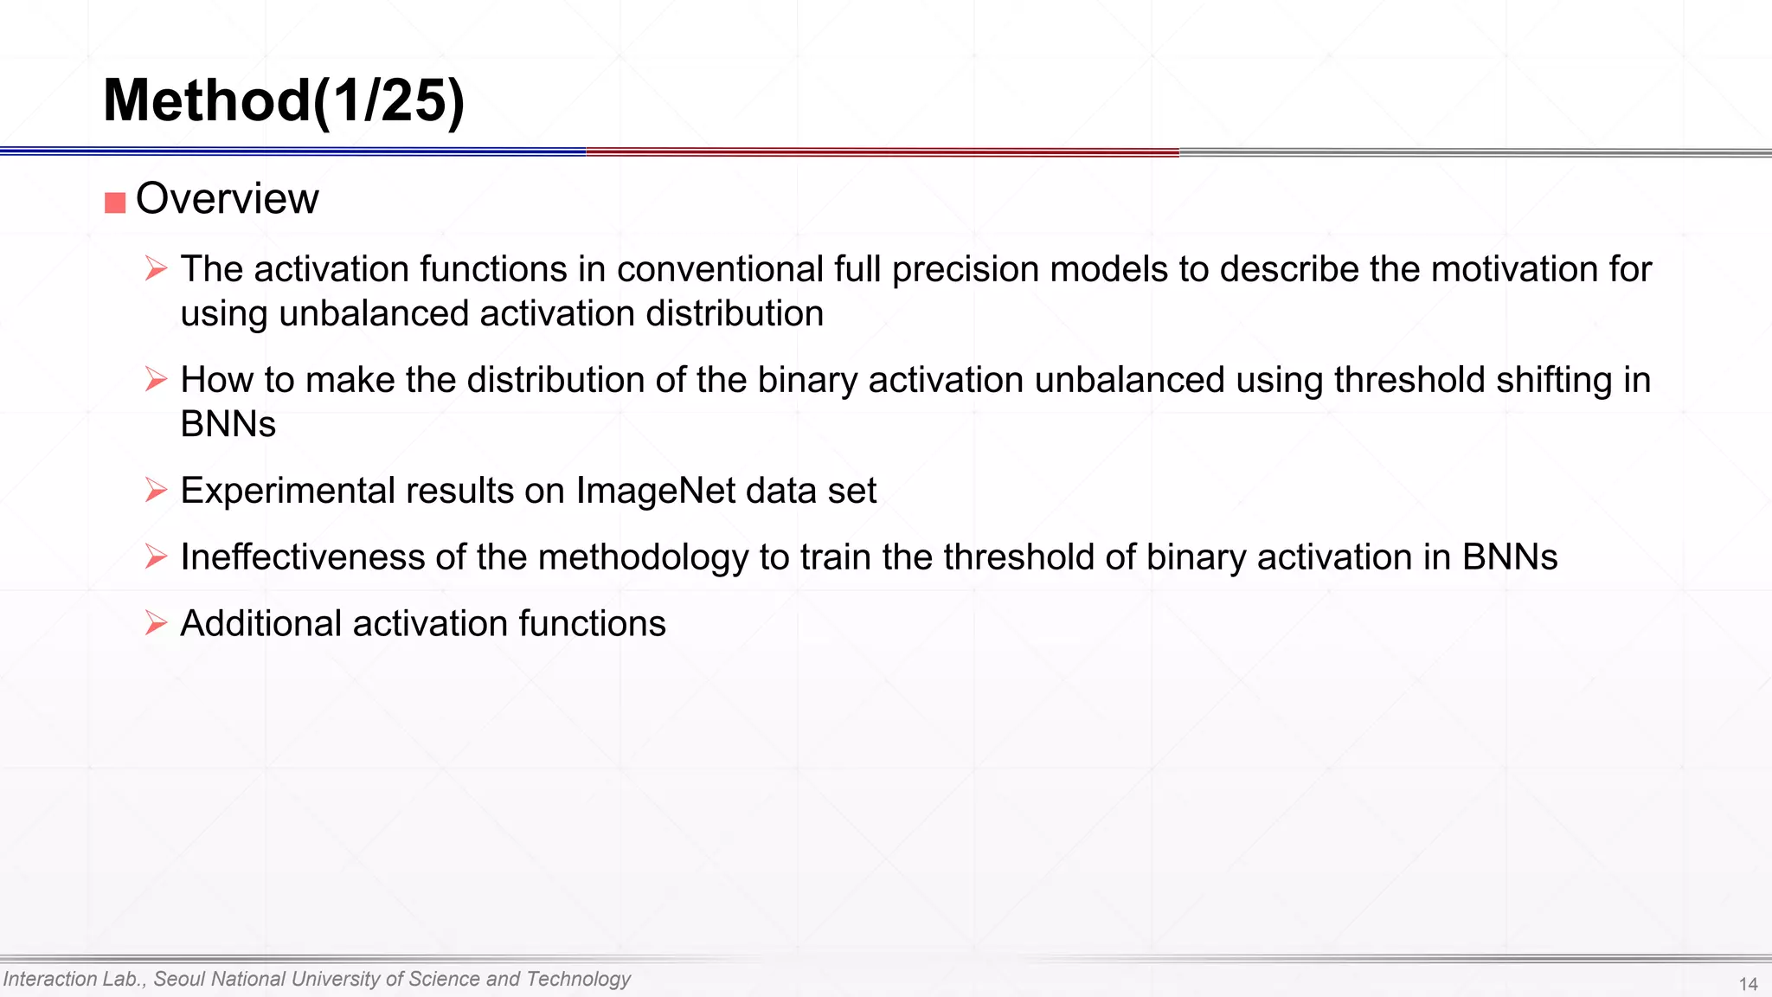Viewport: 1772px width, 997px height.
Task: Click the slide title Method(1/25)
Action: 284,101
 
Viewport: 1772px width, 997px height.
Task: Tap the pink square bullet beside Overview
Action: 115,203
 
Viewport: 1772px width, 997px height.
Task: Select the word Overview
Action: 228,199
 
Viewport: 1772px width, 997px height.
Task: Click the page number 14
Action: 1748,984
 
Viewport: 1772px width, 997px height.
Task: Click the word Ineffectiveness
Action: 302,557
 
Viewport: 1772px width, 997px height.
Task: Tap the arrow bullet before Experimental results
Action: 156,490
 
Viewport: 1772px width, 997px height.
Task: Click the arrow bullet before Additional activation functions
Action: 156,623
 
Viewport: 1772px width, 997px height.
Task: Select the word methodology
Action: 643,557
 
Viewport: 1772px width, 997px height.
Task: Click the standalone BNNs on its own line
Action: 228,424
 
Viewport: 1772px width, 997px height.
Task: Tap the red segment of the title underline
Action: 883,152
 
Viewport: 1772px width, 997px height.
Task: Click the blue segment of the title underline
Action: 294,151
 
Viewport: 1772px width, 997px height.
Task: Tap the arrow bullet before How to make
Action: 156,379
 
